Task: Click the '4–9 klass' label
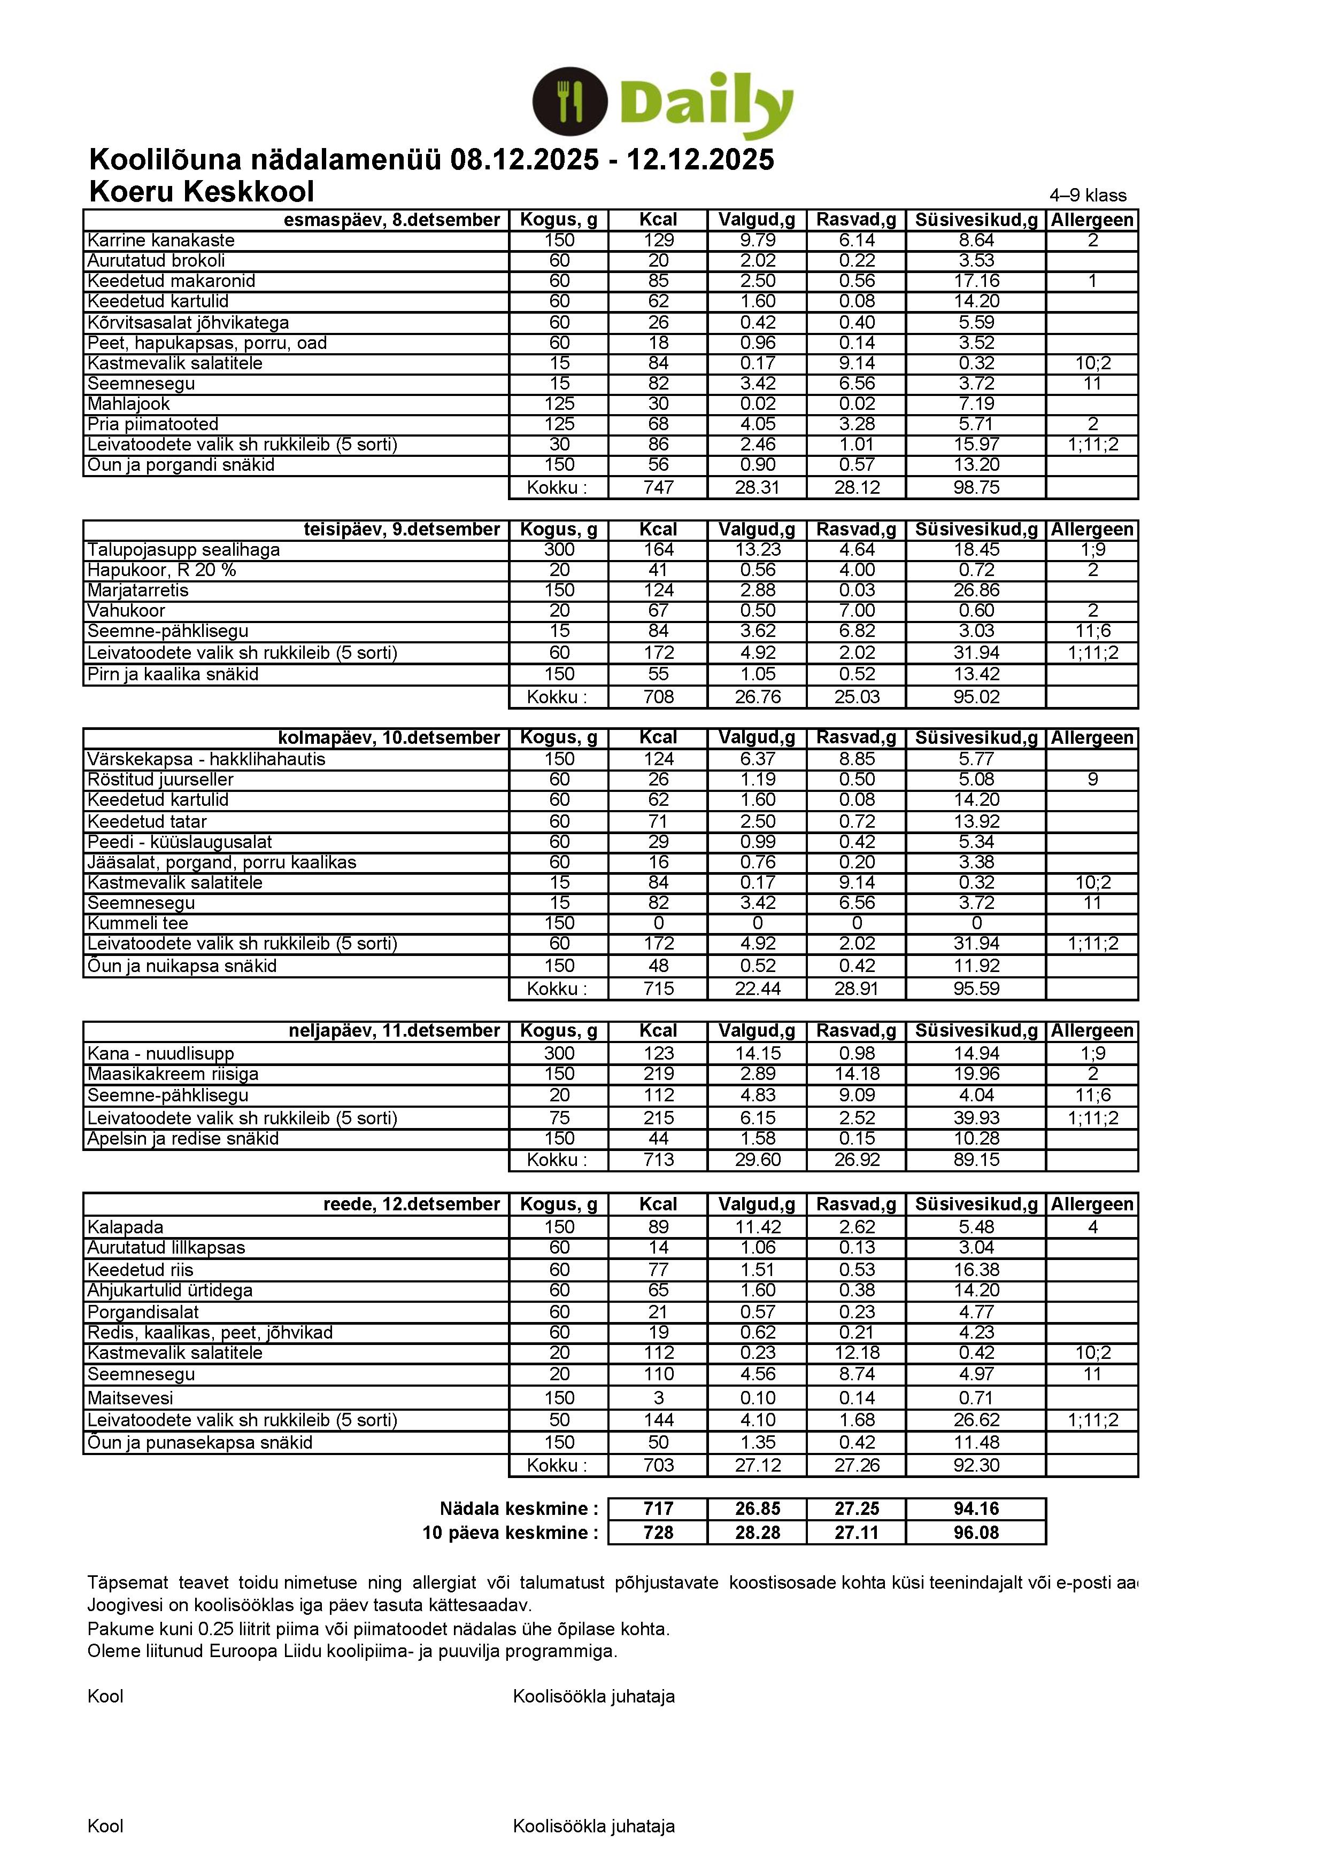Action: coord(1088,195)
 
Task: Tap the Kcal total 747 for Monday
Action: coord(658,488)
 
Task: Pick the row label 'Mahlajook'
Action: coord(129,404)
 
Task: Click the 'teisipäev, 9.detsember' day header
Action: coord(402,530)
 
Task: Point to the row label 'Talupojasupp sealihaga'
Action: coord(184,550)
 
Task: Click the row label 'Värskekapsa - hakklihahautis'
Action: coord(206,759)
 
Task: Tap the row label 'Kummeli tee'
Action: coord(138,923)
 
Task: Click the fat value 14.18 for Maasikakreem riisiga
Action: coord(857,1074)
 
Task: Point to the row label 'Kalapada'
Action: coord(126,1227)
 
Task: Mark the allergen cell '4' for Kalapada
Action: coord(1092,1227)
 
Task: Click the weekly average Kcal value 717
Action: coord(658,1509)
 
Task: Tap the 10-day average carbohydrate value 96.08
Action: coord(976,1533)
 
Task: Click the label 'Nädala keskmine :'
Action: coord(519,1509)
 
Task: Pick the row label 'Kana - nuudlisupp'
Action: coord(161,1054)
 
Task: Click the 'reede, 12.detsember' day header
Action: coord(412,1204)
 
